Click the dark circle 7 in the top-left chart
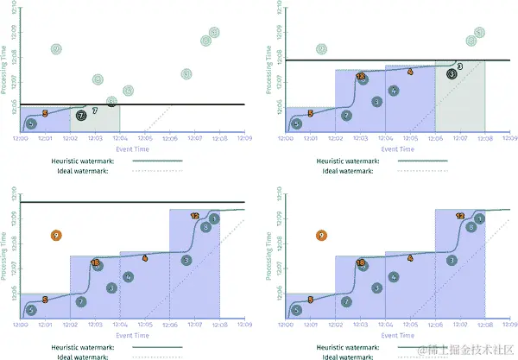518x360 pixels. [x=81, y=114]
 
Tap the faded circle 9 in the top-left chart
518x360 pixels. [x=56, y=49]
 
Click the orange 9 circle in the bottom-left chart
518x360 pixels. [x=56, y=234]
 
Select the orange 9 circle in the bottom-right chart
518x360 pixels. [x=322, y=234]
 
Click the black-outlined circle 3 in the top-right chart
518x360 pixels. [x=452, y=74]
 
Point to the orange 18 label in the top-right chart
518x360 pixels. [x=360, y=76]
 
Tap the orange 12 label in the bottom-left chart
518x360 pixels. [x=194, y=216]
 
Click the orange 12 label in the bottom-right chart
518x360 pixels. [x=460, y=216]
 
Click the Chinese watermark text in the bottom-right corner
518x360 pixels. [x=462, y=350]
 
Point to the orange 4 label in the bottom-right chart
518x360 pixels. [x=410, y=257]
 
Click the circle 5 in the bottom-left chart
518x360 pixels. [x=31, y=310]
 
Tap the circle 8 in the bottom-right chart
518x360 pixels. [x=471, y=227]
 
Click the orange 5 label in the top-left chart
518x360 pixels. [x=45, y=113]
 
